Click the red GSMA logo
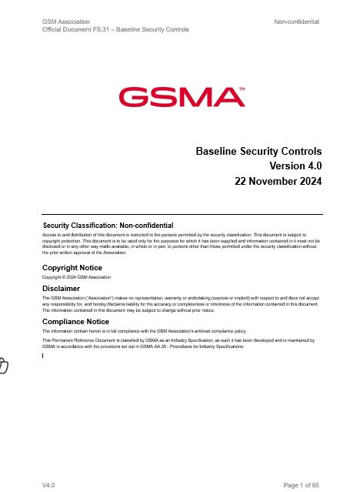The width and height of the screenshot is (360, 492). [178, 97]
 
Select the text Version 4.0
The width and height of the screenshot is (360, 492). [295, 166]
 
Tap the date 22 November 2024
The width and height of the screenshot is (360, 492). [278, 182]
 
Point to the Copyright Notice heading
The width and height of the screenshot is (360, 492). [72, 267]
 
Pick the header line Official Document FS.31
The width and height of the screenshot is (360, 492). [115, 30]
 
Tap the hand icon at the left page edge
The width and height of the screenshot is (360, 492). [4, 366]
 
